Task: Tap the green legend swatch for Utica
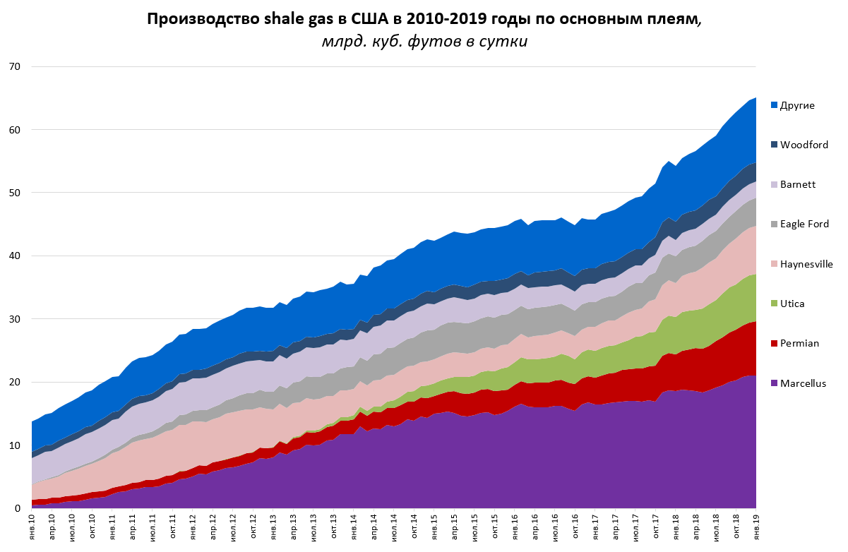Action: pos(774,304)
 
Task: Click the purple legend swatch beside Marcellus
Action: pos(774,383)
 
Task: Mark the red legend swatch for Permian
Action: pos(774,344)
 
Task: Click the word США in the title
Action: pos(368,19)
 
